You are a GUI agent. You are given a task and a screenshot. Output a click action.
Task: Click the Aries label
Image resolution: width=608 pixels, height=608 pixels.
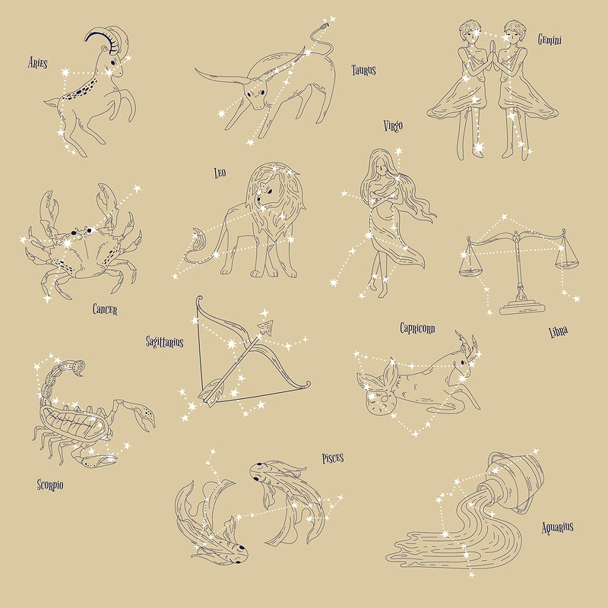pyautogui.click(x=37, y=62)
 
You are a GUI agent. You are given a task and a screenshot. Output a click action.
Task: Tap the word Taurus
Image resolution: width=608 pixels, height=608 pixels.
pyautogui.click(x=363, y=70)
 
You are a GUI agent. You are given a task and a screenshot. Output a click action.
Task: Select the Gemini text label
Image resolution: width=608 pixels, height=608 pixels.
pyautogui.click(x=549, y=40)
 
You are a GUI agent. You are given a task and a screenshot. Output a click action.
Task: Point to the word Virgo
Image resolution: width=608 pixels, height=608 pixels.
pyautogui.click(x=393, y=125)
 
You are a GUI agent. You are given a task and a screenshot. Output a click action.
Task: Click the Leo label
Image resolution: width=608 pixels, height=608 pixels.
pyautogui.click(x=220, y=173)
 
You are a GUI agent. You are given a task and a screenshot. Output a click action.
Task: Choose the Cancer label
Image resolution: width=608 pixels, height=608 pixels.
pyautogui.click(x=105, y=309)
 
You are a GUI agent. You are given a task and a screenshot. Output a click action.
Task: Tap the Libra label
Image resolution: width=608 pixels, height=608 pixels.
pyautogui.click(x=559, y=332)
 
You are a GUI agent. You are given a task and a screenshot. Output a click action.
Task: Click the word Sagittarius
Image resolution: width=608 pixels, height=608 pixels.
pyautogui.click(x=164, y=341)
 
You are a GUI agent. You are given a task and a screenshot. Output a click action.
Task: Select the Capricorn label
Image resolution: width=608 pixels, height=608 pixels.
pyautogui.click(x=417, y=328)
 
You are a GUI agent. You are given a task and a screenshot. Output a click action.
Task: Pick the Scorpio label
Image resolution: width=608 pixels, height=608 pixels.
pyautogui.click(x=50, y=485)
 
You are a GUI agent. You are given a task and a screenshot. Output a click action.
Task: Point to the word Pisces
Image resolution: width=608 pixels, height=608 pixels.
pyautogui.click(x=333, y=458)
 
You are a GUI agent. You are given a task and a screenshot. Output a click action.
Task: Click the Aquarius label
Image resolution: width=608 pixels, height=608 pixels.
pyautogui.click(x=557, y=527)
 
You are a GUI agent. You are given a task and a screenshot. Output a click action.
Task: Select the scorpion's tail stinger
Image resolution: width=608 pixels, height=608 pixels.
pyautogui.click(x=79, y=369)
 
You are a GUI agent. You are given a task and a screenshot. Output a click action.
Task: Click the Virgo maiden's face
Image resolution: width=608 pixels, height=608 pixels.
pyautogui.click(x=381, y=167)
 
